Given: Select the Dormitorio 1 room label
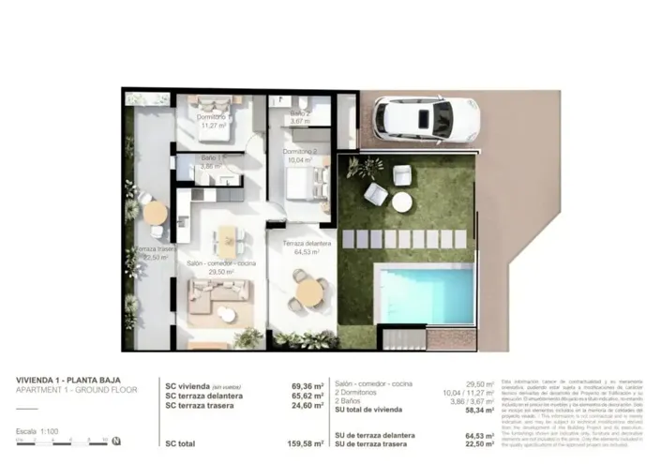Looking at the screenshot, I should [x=212, y=117].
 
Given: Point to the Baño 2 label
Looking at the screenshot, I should [x=299, y=115].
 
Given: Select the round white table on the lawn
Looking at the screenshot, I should [x=401, y=202].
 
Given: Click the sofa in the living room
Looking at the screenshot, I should [x=218, y=298].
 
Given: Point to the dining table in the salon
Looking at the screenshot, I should [x=226, y=241].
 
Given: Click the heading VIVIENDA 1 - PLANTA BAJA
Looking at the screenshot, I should [x=68, y=380].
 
